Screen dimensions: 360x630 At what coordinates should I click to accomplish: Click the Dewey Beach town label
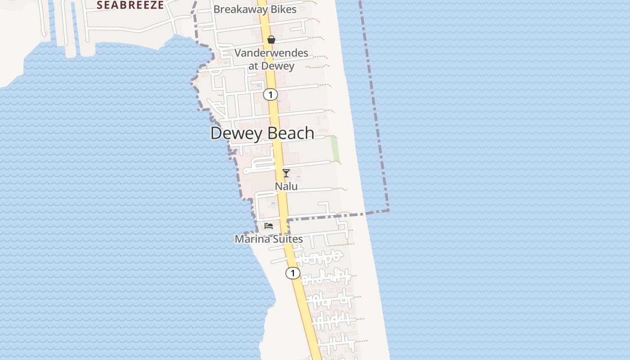262,133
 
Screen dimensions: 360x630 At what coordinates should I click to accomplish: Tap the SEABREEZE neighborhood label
130,5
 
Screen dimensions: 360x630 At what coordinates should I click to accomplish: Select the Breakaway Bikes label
255,9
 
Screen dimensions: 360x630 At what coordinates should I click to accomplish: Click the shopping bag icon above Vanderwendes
271,40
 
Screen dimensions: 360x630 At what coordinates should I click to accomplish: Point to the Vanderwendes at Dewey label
271,59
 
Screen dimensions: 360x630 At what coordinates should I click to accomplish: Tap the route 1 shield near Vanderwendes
270,94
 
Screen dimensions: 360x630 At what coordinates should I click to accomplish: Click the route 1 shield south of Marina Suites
293,273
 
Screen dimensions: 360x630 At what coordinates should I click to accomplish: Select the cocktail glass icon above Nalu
286,173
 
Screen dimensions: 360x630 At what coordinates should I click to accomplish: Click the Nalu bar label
286,186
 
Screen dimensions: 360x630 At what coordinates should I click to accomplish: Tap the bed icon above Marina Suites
269,225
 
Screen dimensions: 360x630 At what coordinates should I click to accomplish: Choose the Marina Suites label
269,239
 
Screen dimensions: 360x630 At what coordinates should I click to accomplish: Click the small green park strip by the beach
335,149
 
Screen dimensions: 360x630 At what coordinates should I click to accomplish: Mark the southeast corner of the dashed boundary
388,210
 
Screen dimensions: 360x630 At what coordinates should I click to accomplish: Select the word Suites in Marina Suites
288,239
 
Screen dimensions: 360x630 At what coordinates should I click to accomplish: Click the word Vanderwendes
271,53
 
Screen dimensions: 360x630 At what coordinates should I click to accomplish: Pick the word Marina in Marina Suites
252,239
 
